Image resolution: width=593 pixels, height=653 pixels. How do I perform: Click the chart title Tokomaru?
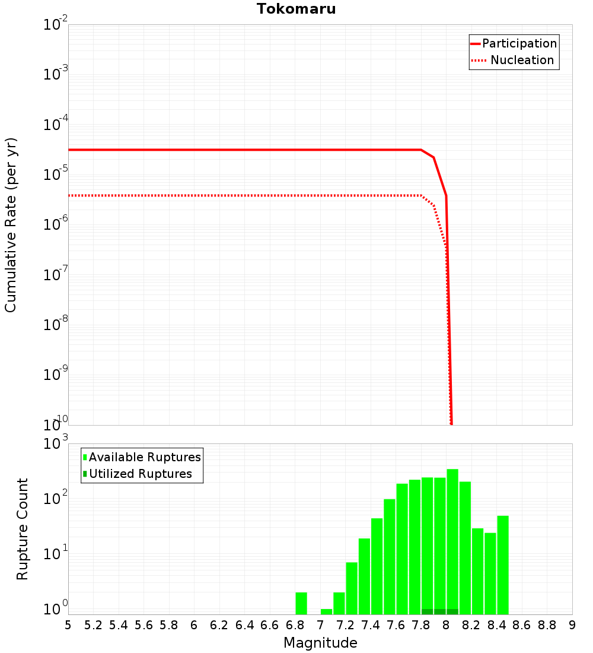296,9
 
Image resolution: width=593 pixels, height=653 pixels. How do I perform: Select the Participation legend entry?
519,43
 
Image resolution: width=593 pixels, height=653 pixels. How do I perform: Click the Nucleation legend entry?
521,60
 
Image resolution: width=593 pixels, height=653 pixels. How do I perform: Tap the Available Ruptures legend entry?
144,457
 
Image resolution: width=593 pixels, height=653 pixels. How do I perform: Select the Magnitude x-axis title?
320,643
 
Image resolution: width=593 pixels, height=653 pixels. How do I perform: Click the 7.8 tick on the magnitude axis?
420,625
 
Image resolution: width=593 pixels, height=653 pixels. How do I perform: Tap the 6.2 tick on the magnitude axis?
219,625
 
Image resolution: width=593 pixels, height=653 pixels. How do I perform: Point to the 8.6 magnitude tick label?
522,625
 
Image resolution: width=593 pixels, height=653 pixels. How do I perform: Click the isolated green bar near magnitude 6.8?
301,603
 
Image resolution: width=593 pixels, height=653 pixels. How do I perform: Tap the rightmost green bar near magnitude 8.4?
503,564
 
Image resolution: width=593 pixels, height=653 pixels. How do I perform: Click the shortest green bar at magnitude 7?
326,611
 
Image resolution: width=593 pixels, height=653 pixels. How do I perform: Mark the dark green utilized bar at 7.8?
427,611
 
